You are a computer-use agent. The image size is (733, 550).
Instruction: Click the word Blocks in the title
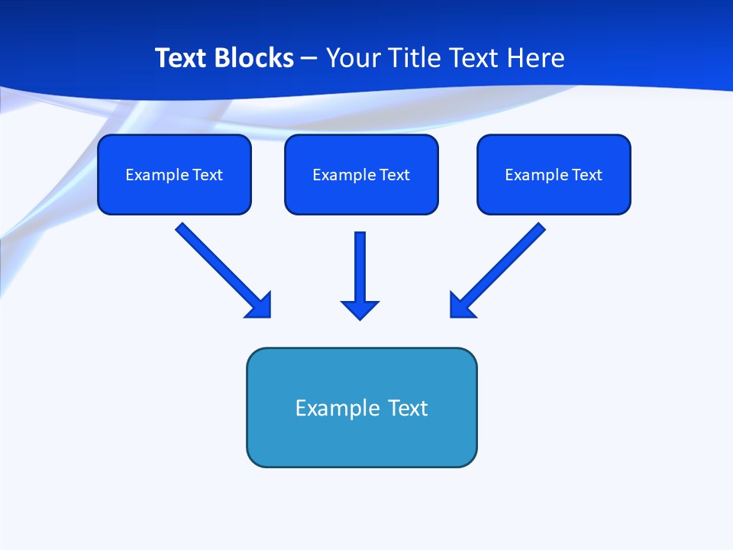(x=256, y=58)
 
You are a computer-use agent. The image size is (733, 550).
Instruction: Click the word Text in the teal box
(x=408, y=408)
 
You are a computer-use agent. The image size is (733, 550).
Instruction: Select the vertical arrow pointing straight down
(x=360, y=267)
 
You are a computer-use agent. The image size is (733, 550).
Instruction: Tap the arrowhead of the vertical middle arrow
(x=360, y=309)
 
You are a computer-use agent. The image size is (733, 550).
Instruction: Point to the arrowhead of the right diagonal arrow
(x=461, y=306)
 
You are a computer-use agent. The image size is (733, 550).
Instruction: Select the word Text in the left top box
(x=207, y=175)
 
